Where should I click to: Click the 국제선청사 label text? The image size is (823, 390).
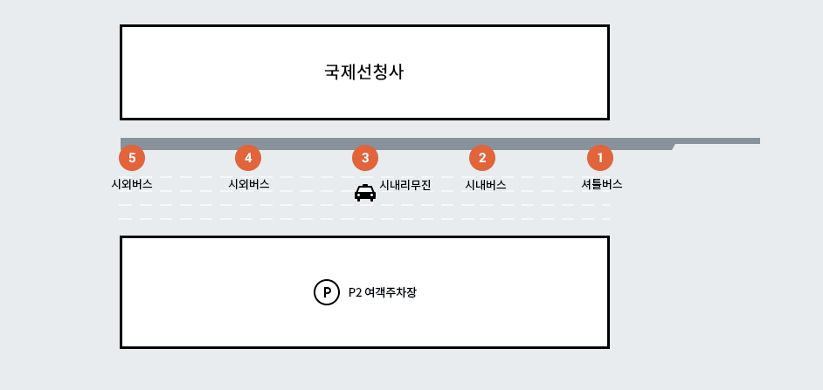pyautogui.click(x=363, y=72)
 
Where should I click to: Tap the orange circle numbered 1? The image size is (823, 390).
pyautogui.click(x=599, y=158)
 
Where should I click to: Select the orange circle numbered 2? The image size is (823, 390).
pyautogui.click(x=482, y=158)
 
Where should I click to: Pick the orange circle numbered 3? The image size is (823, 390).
pyautogui.click(x=365, y=158)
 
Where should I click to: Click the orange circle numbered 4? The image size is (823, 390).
pyautogui.click(x=248, y=158)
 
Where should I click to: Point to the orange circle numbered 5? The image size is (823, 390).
pyautogui.click(x=132, y=158)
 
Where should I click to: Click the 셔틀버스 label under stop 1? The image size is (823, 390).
pyautogui.click(x=601, y=184)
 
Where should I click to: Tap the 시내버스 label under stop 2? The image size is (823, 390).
pyautogui.click(x=485, y=185)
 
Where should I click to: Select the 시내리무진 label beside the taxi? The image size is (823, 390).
pyautogui.click(x=405, y=185)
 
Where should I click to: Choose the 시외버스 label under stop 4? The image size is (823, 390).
pyautogui.click(x=248, y=184)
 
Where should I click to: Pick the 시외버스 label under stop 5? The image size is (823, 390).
pyautogui.click(x=132, y=184)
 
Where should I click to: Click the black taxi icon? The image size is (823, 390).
pyautogui.click(x=365, y=193)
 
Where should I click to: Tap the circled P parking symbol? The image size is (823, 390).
pyautogui.click(x=326, y=292)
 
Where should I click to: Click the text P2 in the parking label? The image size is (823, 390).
pyautogui.click(x=355, y=292)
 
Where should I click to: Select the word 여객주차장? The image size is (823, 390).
pyautogui.click(x=391, y=292)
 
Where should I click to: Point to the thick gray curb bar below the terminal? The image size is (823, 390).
pyautogui.click(x=393, y=144)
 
